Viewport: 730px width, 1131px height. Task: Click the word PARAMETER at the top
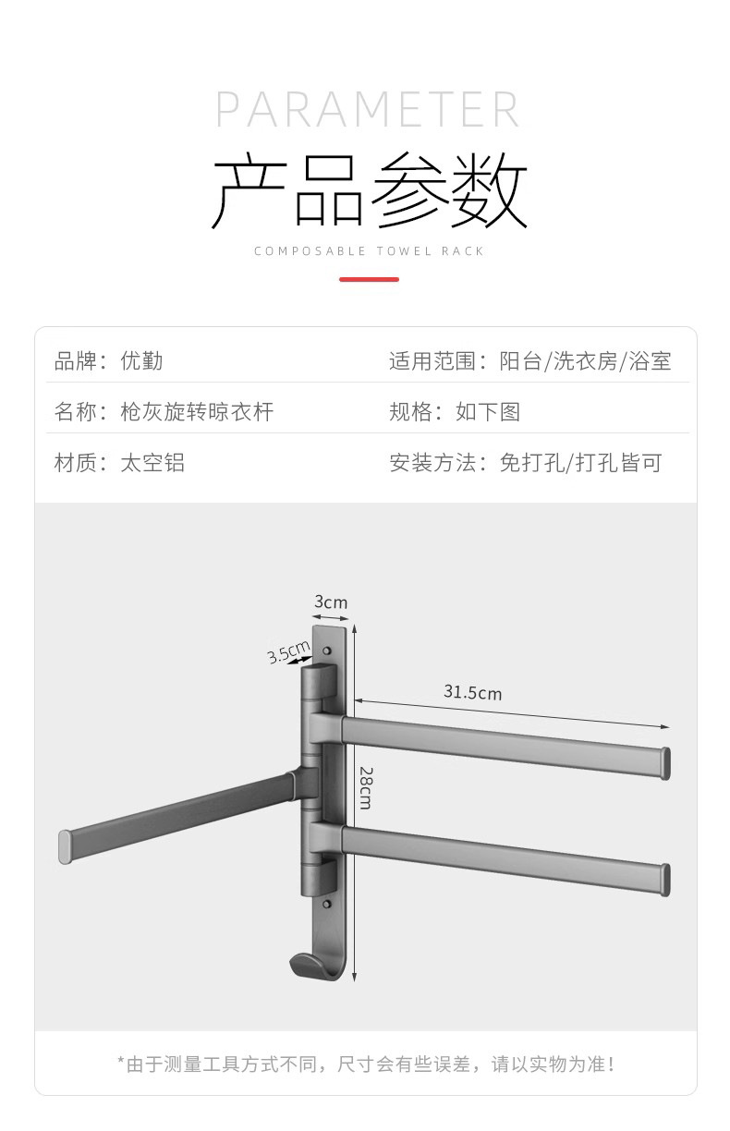(x=368, y=110)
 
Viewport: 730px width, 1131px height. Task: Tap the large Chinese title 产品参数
(x=369, y=191)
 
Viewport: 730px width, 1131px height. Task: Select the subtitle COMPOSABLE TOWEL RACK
(x=369, y=251)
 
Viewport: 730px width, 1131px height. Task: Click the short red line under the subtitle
(x=369, y=279)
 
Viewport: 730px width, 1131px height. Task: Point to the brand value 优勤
(x=142, y=361)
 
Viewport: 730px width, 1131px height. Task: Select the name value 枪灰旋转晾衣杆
(x=197, y=411)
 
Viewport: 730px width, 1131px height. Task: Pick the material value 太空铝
(x=152, y=462)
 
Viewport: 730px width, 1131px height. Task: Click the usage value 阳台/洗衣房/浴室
(x=585, y=361)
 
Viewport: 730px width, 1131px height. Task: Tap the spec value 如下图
(x=488, y=411)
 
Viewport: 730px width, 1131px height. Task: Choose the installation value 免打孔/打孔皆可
(x=580, y=462)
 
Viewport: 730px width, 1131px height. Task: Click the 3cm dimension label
(x=331, y=602)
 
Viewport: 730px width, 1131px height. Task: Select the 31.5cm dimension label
(x=472, y=692)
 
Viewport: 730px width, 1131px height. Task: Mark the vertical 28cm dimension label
(x=365, y=787)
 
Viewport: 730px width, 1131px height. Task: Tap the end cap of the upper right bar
(x=664, y=763)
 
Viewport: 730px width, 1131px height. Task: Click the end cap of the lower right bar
(x=664, y=879)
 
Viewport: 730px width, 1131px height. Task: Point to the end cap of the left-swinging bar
(x=65, y=846)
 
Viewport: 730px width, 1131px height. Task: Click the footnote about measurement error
(x=366, y=1064)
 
